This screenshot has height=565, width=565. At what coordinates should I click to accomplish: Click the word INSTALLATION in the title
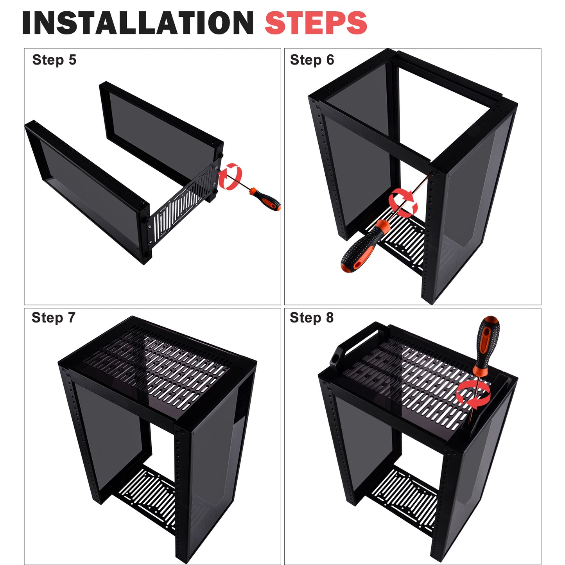(x=138, y=23)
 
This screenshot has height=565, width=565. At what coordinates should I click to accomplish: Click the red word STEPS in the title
(x=316, y=23)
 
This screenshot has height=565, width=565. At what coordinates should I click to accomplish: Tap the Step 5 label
(x=54, y=60)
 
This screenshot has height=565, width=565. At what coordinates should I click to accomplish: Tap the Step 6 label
(x=312, y=60)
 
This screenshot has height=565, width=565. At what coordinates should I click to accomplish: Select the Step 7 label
(x=54, y=317)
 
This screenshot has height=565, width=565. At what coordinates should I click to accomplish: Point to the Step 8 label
(x=312, y=317)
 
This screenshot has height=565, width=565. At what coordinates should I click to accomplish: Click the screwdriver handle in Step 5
(x=265, y=199)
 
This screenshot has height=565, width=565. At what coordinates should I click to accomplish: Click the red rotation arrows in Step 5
(x=230, y=176)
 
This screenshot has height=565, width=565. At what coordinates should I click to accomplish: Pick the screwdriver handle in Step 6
(x=365, y=245)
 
